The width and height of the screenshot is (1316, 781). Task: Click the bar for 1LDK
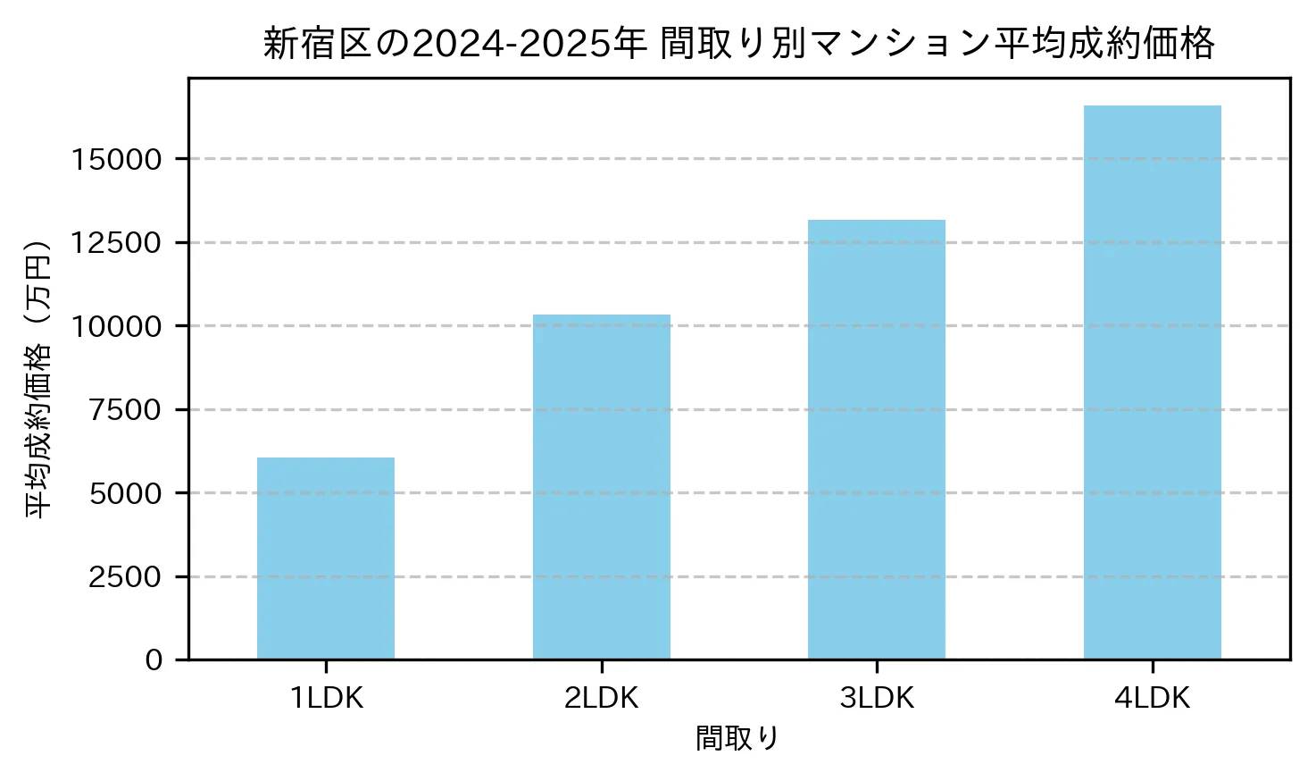tap(326, 558)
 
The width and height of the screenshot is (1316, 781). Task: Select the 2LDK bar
tap(602, 487)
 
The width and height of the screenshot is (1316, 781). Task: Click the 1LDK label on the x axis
tap(326, 699)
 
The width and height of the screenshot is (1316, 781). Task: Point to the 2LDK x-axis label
tap(602, 699)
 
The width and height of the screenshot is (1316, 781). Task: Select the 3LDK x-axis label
tap(877, 699)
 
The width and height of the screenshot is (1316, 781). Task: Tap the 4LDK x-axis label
tap(1152, 699)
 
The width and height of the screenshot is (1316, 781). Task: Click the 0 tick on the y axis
tap(154, 660)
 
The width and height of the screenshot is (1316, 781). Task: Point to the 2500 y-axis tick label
tap(125, 577)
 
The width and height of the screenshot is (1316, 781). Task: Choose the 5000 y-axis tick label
tap(125, 493)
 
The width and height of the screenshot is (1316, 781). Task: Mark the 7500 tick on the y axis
tap(125, 410)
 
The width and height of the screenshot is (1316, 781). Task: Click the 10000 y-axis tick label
tap(117, 326)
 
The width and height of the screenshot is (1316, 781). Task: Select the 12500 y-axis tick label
tap(117, 243)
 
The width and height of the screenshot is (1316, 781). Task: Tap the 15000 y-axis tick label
tap(117, 160)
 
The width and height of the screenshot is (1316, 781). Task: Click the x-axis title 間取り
tap(737, 739)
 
